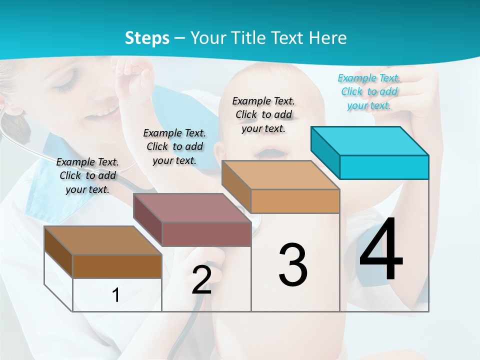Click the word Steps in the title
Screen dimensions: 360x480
pos(147,38)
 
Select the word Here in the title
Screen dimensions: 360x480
pos(327,38)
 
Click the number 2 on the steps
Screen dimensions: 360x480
pos(201,280)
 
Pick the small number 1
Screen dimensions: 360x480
pos(116,295)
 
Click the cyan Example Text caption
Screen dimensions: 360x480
pos(369,91)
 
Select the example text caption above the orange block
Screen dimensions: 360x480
pos(263,114)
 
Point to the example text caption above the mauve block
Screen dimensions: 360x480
pos(174,146)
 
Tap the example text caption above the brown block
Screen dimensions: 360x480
pos(87,175)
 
